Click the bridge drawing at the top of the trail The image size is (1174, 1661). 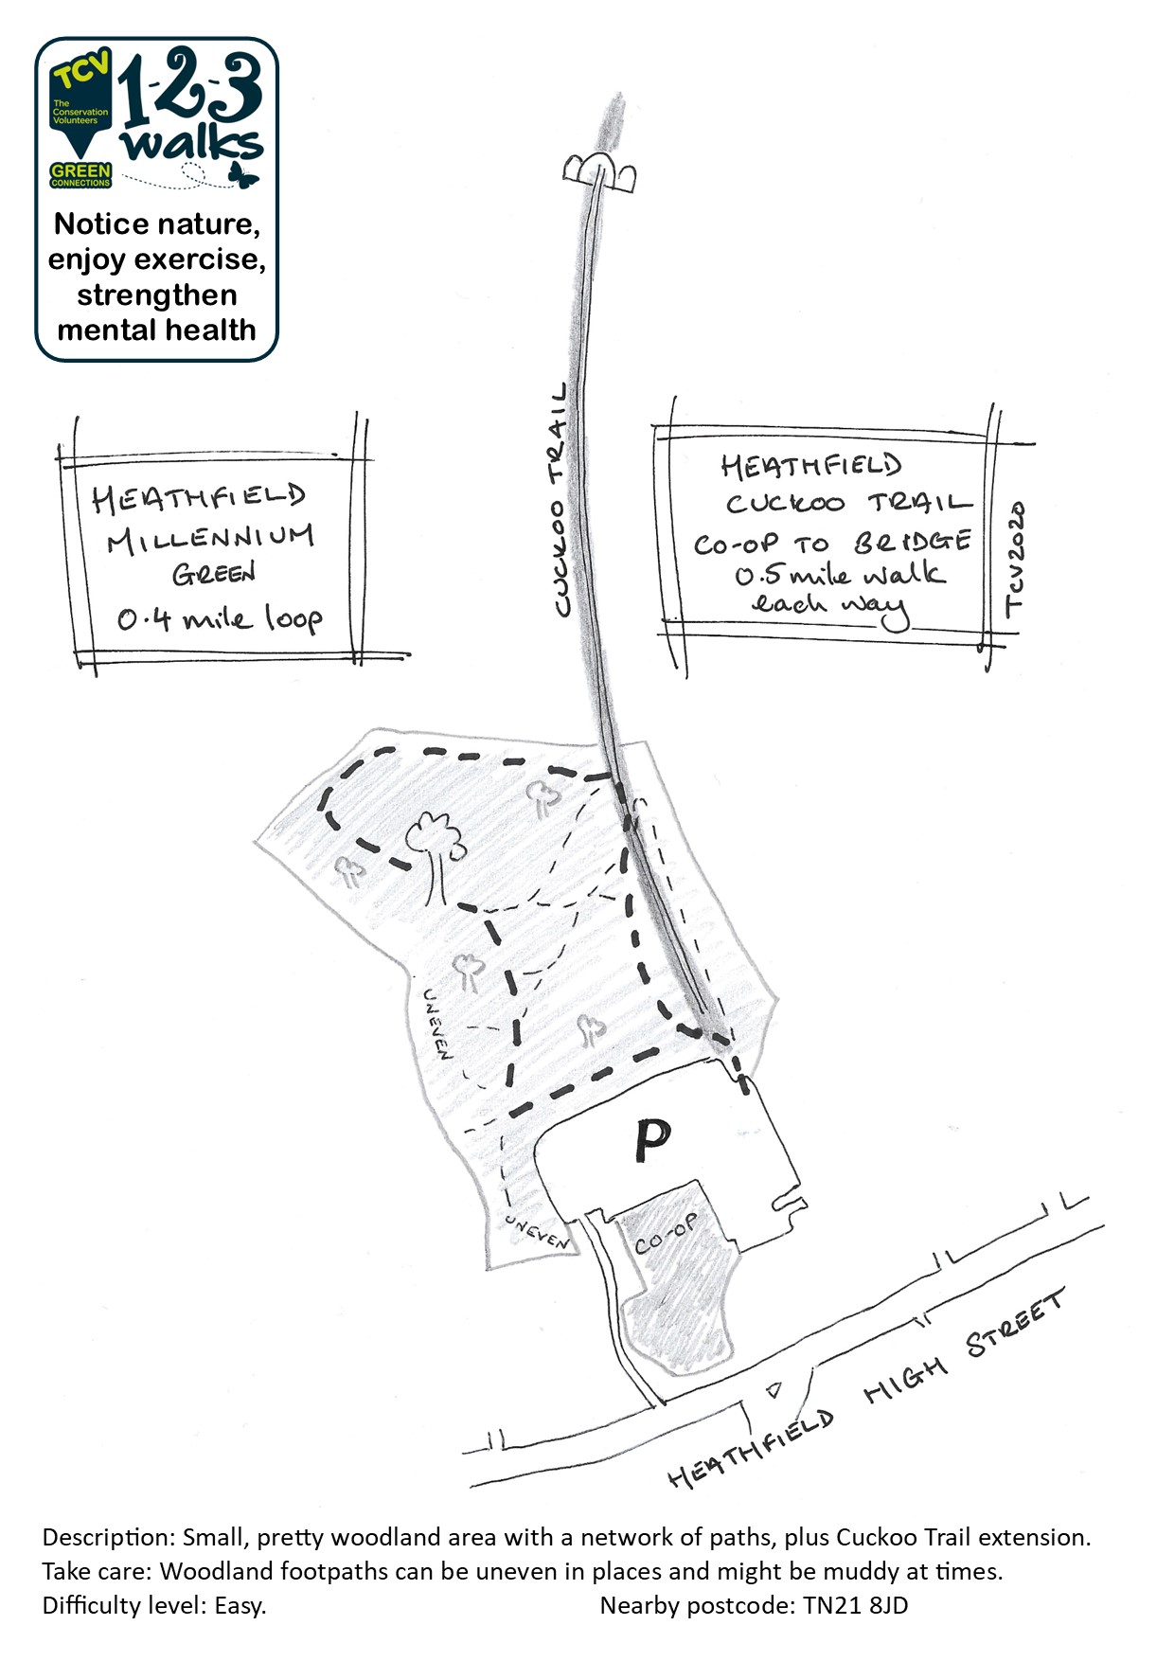tap(599, 171)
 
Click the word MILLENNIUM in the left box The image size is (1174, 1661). tap(209, 538)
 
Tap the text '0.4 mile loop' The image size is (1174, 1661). tap(220, 618)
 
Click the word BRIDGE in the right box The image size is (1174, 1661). tap(913, 542)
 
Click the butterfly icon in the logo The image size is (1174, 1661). tap(243, 174)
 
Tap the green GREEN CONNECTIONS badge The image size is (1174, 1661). tap(80, 175)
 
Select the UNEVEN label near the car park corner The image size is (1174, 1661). tap(538, 1231)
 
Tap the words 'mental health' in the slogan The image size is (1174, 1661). tap(157, 330)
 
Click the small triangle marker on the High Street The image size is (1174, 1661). tap(774, 1389)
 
